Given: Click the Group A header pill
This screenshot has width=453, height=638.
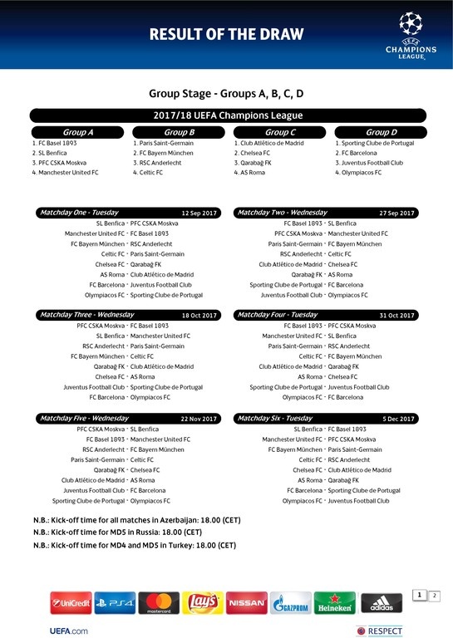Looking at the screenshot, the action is (78, 132).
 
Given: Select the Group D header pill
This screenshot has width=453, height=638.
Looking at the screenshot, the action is (381, 132).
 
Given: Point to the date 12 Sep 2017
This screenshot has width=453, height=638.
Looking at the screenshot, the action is (199, 213).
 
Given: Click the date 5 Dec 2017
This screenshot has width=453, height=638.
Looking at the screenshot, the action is (399, 419).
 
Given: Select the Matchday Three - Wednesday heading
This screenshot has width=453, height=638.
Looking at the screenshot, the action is (86, 316).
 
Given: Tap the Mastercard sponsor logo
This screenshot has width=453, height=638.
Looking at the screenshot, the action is (158, 602).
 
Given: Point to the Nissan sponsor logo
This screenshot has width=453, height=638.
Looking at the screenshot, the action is (246, 602).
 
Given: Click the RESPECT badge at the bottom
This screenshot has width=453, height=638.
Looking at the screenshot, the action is (379, 631).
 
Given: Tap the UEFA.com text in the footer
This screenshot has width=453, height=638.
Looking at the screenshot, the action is (70, 631).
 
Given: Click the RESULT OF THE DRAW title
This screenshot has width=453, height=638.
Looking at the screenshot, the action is (226, 34).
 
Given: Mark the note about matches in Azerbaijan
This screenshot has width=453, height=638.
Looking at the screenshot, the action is (136, 520).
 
